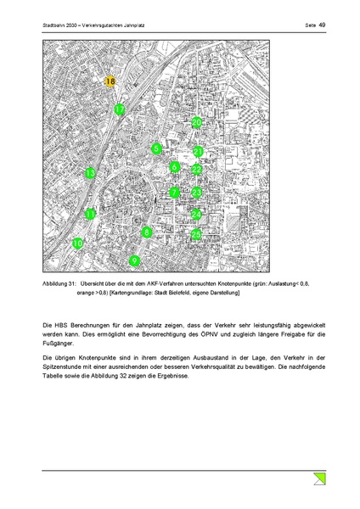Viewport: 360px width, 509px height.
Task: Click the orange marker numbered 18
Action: pos(110,81)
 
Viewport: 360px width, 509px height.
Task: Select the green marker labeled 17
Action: pos(121,109)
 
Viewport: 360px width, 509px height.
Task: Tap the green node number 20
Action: pos(196,123)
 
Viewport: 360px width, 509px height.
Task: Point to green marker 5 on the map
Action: pos(156,149)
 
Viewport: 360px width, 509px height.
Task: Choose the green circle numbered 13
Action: pos(91,174)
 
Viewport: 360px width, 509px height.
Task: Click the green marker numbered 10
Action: pos(78,243)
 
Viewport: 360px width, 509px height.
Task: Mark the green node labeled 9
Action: pos(134,260)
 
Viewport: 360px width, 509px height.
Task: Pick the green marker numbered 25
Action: pos(196,234)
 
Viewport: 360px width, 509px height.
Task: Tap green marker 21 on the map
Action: pos(197,152)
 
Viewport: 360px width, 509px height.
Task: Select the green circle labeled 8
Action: pos(147,232)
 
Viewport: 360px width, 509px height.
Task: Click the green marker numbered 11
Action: pos(91,215)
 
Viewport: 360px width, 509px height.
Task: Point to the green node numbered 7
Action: pos(173,193)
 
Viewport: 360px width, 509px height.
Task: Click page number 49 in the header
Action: pos(322,25)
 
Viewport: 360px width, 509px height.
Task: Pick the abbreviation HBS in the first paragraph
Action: pos(59,325)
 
